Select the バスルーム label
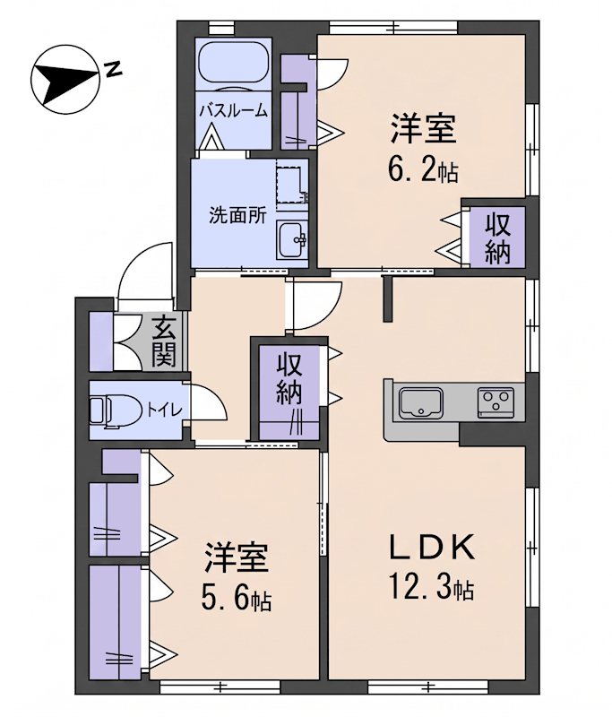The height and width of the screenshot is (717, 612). pos(234,111)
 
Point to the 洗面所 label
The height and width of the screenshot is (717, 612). pos(237,215)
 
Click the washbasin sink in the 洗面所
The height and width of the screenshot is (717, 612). pos(292,240)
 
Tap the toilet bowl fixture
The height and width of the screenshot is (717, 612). pos(116,411)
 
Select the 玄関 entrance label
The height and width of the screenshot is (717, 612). pos(164,341)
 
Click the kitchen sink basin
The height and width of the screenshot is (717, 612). pos(420,403)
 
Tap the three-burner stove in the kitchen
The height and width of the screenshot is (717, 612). pos(496,402)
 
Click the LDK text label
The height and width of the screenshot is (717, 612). pos(433,548)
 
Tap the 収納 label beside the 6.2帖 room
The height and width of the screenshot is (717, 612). pos(497,238)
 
